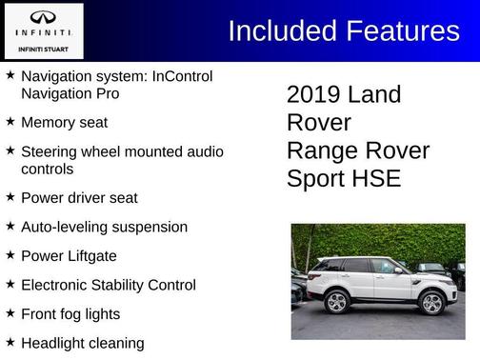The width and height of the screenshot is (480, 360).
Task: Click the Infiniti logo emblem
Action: pos(43,19)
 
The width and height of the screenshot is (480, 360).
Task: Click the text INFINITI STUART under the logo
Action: pos(43,48)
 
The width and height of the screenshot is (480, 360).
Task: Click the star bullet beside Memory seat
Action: pos(10,122)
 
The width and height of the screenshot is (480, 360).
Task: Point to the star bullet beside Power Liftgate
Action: pos(10,255)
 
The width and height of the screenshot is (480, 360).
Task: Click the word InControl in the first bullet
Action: pos(180,75)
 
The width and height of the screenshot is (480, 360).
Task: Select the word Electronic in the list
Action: pos(59,284)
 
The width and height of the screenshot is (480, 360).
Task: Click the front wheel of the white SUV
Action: pos(431,302)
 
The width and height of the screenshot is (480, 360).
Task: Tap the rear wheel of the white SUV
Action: pos(336,302)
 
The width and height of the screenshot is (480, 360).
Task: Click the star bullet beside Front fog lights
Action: pos(10,312)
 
